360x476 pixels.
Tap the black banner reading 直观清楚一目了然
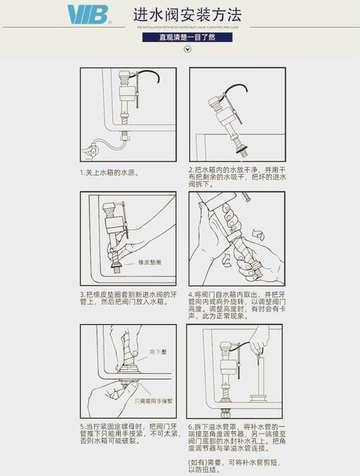187,36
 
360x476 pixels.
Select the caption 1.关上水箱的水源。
109,173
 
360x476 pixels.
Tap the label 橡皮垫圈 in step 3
150,262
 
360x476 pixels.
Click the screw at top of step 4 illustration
246,196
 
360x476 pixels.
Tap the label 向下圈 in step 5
158,351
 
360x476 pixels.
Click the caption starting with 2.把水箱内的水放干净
237,176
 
